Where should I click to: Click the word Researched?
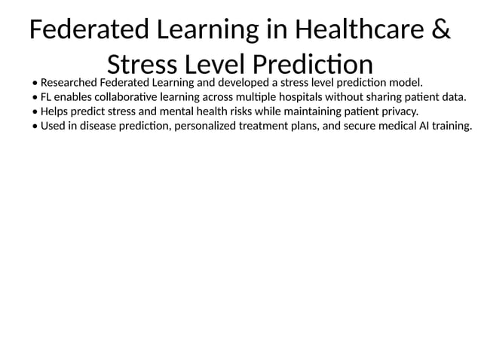69,81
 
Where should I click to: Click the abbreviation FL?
47,96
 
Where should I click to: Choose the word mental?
170,111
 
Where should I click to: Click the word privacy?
397,111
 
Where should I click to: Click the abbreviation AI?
420,126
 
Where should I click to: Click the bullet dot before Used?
35,127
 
